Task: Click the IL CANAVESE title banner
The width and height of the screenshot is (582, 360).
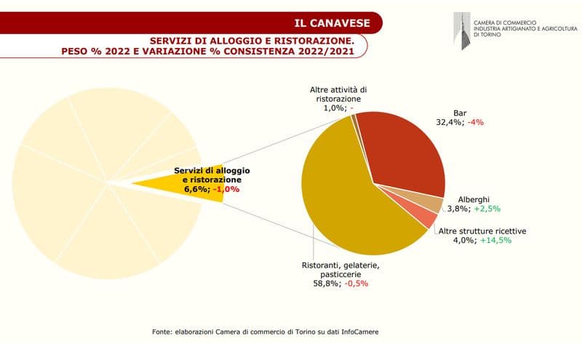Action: click(x=335, y=23)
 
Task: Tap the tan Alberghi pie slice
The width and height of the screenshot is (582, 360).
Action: click(x=434, y=204)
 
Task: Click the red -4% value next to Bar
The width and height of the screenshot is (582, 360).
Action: click(x=477, y=122)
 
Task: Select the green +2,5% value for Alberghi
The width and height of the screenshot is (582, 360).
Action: click(x=487, y=209)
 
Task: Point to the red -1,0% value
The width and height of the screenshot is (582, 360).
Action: click(x=226, y=189)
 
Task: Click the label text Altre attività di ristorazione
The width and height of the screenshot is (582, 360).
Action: click(x=339, y=94)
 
